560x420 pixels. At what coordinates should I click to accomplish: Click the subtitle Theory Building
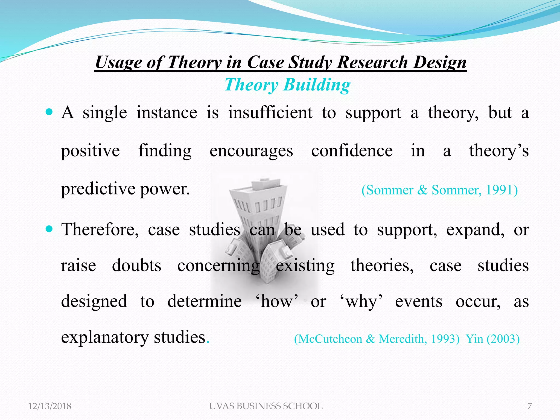(287, 85)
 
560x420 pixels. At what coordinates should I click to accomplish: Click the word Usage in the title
(118, 62)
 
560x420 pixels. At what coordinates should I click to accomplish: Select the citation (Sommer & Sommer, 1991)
(439, 190)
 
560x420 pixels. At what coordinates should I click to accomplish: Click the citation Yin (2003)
(492, 339)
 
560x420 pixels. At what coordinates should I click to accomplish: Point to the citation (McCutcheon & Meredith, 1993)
(377, 339)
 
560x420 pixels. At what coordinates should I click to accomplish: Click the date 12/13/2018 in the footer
(49, 406)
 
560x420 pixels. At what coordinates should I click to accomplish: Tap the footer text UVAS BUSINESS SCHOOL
(266, 406)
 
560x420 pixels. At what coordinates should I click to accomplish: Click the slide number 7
(529, 406)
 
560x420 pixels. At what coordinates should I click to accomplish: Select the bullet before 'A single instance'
(49, 112)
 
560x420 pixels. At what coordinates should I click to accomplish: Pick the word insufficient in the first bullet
(270, 113)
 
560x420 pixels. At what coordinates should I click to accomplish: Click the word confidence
(352, 151)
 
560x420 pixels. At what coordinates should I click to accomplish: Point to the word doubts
(136, 265)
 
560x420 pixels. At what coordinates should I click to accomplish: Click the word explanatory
(105, 337)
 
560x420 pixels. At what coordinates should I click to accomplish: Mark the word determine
(204, 301)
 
